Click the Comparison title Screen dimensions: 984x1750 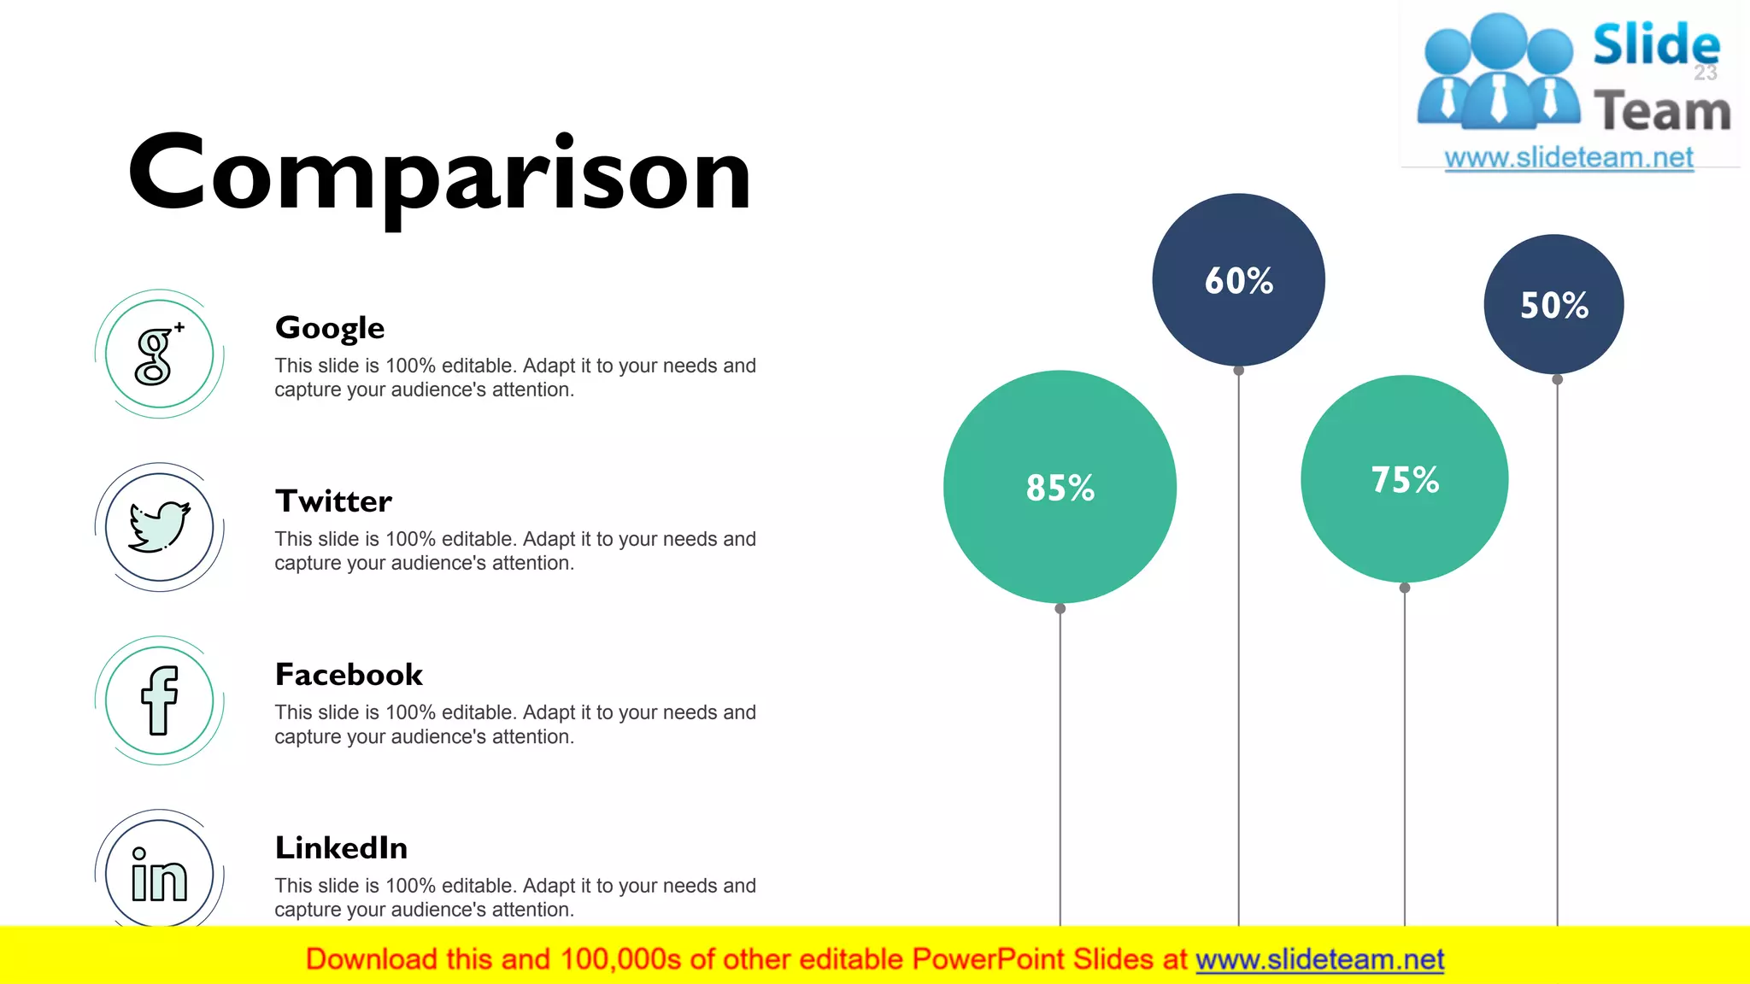(x=439, y=174)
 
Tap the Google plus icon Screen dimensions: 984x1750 (x=159, y=354)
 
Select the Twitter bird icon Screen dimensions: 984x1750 (x=159, y=527)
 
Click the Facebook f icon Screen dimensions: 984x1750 (x=159, y=700)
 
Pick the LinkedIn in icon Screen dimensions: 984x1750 (x=159, y=875)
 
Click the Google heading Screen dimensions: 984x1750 (x=330, y=328)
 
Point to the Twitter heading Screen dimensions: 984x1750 (x=333, y=501)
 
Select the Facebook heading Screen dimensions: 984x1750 (x=349, y=675)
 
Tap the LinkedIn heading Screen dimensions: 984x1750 (x=341, y=848)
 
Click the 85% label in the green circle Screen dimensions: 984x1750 (x=1060, y=488)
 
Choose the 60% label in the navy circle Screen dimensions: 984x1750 (x=1238, y=281)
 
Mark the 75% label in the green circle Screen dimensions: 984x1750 (x=1405, y=480)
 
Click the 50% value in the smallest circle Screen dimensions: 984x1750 (x=1553, y=306)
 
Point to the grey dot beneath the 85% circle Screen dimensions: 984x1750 (x=1060, y=609)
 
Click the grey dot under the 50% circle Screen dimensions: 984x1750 (x=1557, y=379)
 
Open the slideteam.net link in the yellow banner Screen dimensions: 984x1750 (x=1319, y=960)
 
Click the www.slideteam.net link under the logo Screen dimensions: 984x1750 (x=1569, y=158)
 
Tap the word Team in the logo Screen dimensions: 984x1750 (x=1662, y=112)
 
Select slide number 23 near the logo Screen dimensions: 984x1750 (x=1706, y=73)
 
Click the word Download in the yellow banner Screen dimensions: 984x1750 (x=372, y=960)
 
